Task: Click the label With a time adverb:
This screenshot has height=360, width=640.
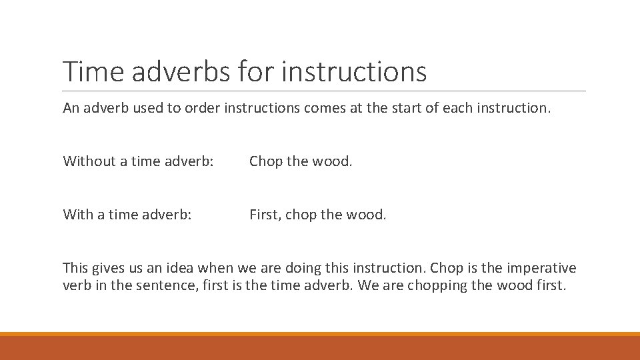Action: (127, 215)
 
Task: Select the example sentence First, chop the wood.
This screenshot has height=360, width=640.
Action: (317, 215)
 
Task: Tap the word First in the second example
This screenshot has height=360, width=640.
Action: (264, 215)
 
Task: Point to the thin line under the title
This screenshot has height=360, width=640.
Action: (324, 91)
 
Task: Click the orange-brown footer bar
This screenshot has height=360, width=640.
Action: (320, 347)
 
